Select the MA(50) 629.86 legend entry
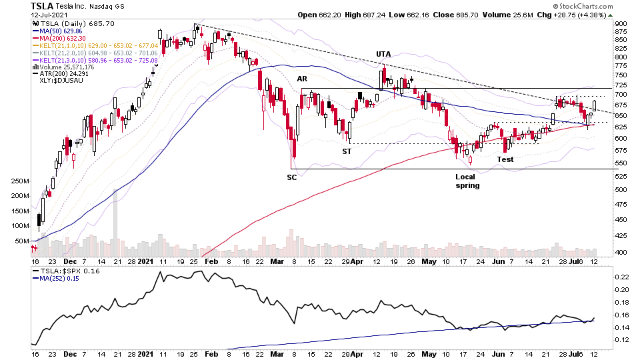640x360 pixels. pyautogui.click(x=59, y=31)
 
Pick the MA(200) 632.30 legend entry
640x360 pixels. pyautogui.click(x=61, y=38)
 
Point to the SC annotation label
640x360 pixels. pyautogui.click(x=292, y=177)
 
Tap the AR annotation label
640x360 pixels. pyautogui.click(x=302, y=79)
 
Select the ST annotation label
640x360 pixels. pyautogui.click(x=347, y=151)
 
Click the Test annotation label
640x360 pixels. pyautogui.click(x=505, y=159)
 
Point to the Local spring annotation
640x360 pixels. pyautogui.click(x=467, y=181)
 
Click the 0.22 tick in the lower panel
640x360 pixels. pyautogui.click(x=621, y=277)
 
